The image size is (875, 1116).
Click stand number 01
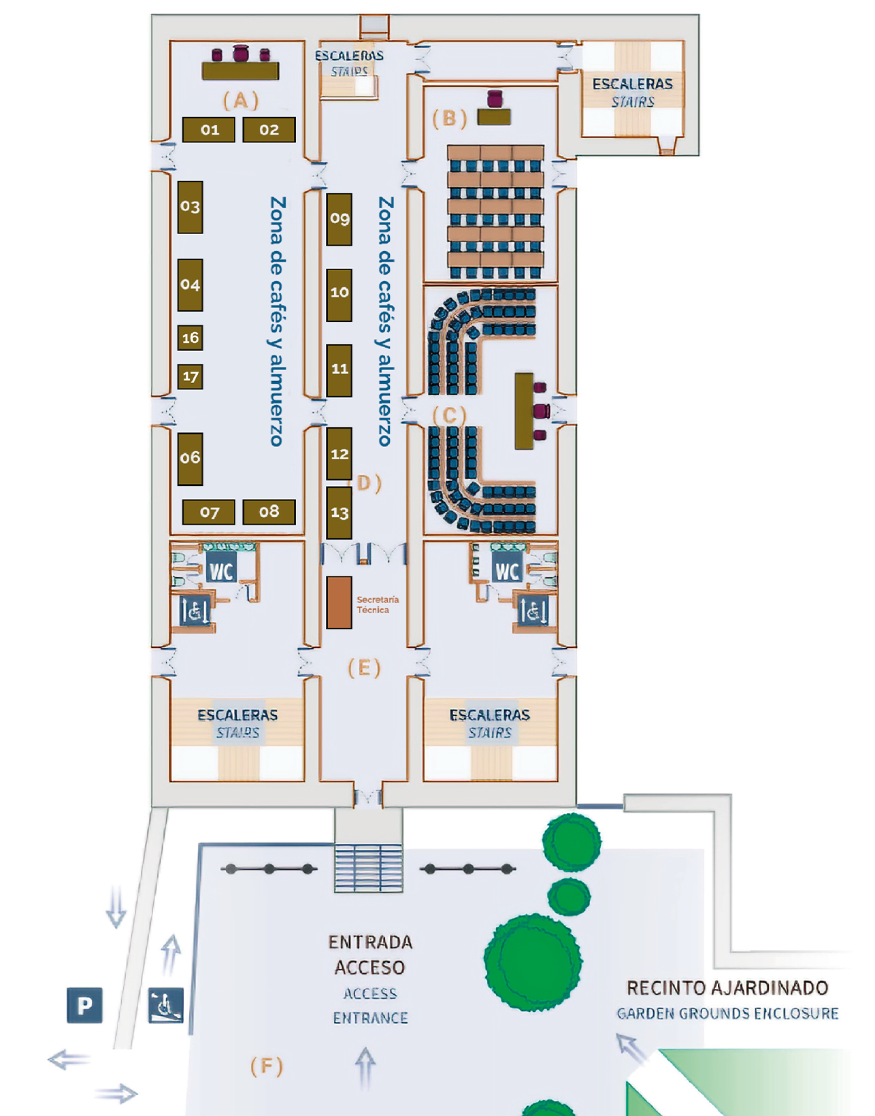(x=209, y=129)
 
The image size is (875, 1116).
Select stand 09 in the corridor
(x=339, y=218)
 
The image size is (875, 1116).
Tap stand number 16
(x=191, y=338)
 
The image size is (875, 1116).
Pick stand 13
(x=339, y=512)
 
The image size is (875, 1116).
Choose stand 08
(x=269, y=512)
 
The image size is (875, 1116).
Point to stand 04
(x=191, y=284)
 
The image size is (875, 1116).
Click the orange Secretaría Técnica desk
(x=339, y=602)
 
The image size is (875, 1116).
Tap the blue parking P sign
(x=84, y=1005)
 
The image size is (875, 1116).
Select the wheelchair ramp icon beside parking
(x=166, y=1006)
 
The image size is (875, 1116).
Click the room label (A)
(x=241, y=101)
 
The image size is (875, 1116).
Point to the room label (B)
(x=450, y=118)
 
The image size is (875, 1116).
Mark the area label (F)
(x=266, y=1066)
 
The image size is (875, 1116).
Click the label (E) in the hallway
(x=364, y=668)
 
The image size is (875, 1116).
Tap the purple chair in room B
(x=495, y=99)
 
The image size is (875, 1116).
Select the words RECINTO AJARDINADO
(x=727, y=987)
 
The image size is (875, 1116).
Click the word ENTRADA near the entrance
(x=370, y=942)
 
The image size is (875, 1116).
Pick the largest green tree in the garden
(x=533, y=962)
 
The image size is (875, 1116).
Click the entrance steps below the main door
(x=368, y=867)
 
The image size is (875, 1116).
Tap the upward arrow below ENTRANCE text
(x=365, y=1065)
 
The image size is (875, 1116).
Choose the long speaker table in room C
(x=523, y=410)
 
